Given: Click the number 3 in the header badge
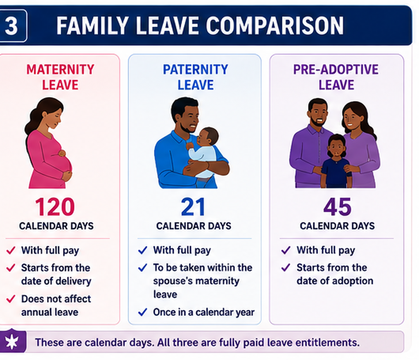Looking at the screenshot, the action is tap(11, 26).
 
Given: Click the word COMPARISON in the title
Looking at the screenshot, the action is tap(275, 26).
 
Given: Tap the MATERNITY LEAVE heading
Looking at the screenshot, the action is tap(60, 77).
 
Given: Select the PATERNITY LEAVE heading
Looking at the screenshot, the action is tap(195, 77).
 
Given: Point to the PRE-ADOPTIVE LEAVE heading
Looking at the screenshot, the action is tap(336, 77).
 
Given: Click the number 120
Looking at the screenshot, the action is tap(55, 207).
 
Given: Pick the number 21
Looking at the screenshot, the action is tap(193, 207).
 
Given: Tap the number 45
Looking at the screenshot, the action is tap(337, 207).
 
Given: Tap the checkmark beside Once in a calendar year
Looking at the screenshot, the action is tap(143, 312).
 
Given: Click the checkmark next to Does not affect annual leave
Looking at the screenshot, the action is tap(11, 299).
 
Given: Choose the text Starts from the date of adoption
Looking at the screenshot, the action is tap(335, 274).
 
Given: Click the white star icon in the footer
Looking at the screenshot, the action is tap(12, 342).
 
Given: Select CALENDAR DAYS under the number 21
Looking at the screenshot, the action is tap(194, 226).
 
